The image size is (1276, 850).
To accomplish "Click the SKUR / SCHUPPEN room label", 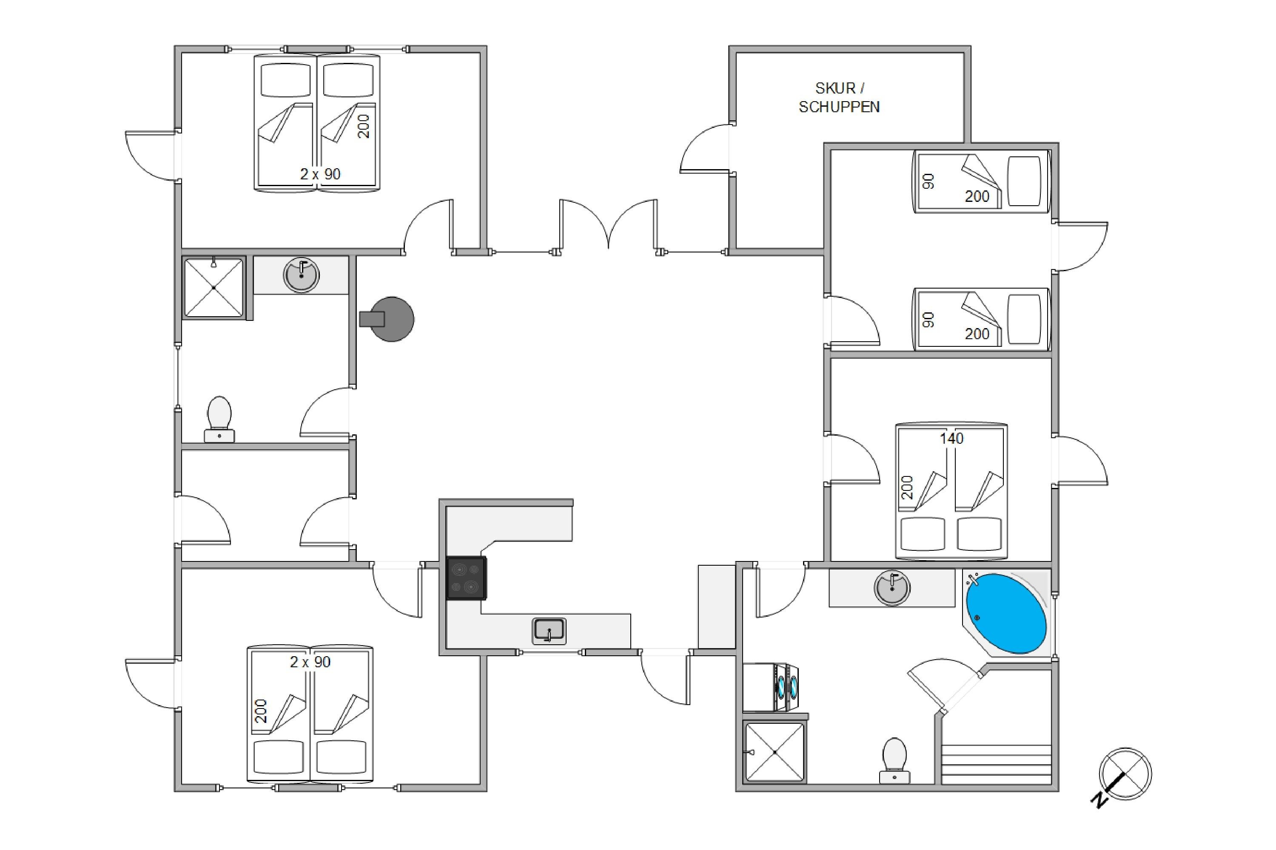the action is coord(839,98).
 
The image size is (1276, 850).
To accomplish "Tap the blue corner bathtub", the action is coord(1006,613).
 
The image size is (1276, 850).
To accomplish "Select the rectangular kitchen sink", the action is coord(549,631).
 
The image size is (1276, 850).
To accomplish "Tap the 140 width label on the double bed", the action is coord(951,438).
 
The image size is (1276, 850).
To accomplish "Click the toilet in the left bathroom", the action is coord(219,419).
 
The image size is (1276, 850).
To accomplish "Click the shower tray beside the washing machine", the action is coord(775,752).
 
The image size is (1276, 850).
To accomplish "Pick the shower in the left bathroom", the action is coord(214,287).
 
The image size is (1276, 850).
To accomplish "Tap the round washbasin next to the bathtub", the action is coord(892,588).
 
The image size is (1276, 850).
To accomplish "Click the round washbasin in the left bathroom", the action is coord(301,275).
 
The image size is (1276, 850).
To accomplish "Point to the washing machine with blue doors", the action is coord(771,687).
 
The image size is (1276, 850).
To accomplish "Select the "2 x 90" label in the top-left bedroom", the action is coord(320,174).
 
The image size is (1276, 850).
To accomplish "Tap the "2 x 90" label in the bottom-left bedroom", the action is coord(310,662).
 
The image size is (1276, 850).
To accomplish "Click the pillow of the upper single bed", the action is coord(1024,181).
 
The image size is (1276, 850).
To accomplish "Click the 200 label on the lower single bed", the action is coord(977,334).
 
